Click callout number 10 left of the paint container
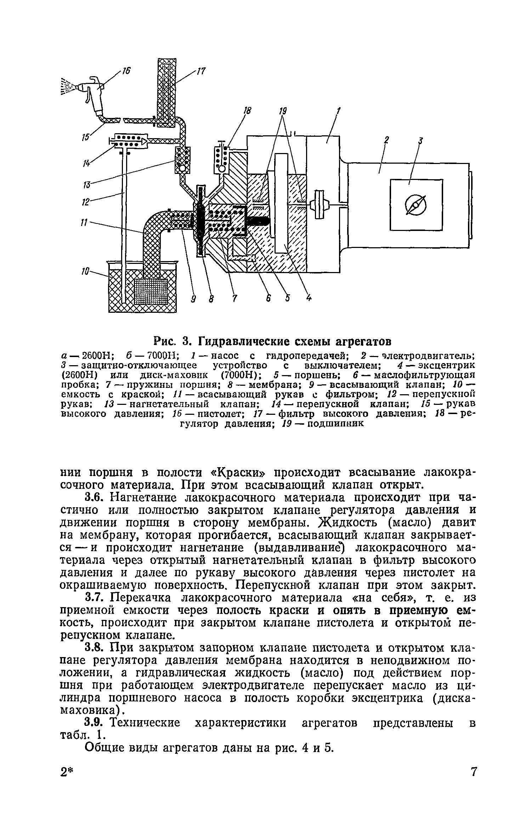click(84, 272)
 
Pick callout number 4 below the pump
click(309, 299)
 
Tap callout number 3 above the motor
click(420, 141)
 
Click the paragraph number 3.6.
click(95, 498)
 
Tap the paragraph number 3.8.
click(95, 648)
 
